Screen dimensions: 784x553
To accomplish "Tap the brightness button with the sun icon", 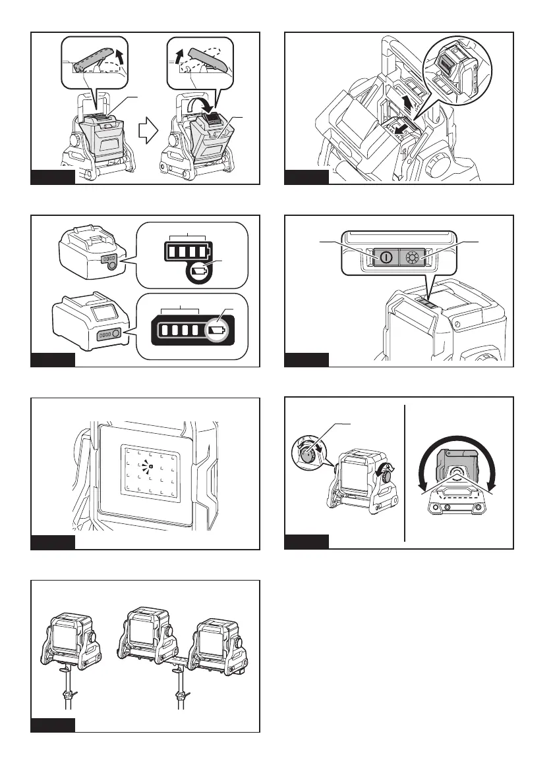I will (x=413, y=258).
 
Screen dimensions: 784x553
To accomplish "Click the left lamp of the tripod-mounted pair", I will (x=148, y=635).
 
